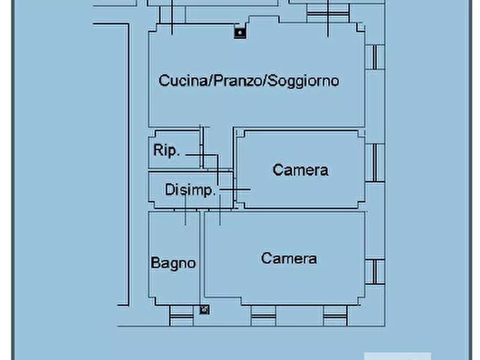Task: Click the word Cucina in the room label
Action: coord(183,81)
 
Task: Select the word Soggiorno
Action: coord(304,81)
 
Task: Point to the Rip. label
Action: coord(166,150)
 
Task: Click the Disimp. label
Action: coord(190,190)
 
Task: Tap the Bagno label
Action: coord(173,263)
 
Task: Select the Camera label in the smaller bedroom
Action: coord(300,170)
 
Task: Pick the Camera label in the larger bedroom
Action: coord(289,258)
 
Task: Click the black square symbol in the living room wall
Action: coord(240,33)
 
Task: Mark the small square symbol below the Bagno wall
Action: coord(204,309)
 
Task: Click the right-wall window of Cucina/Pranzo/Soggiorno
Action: coord(377,57)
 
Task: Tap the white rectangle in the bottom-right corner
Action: coord(397,356)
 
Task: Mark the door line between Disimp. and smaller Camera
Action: coord(235,189)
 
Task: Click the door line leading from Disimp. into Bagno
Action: coord(185,210)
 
